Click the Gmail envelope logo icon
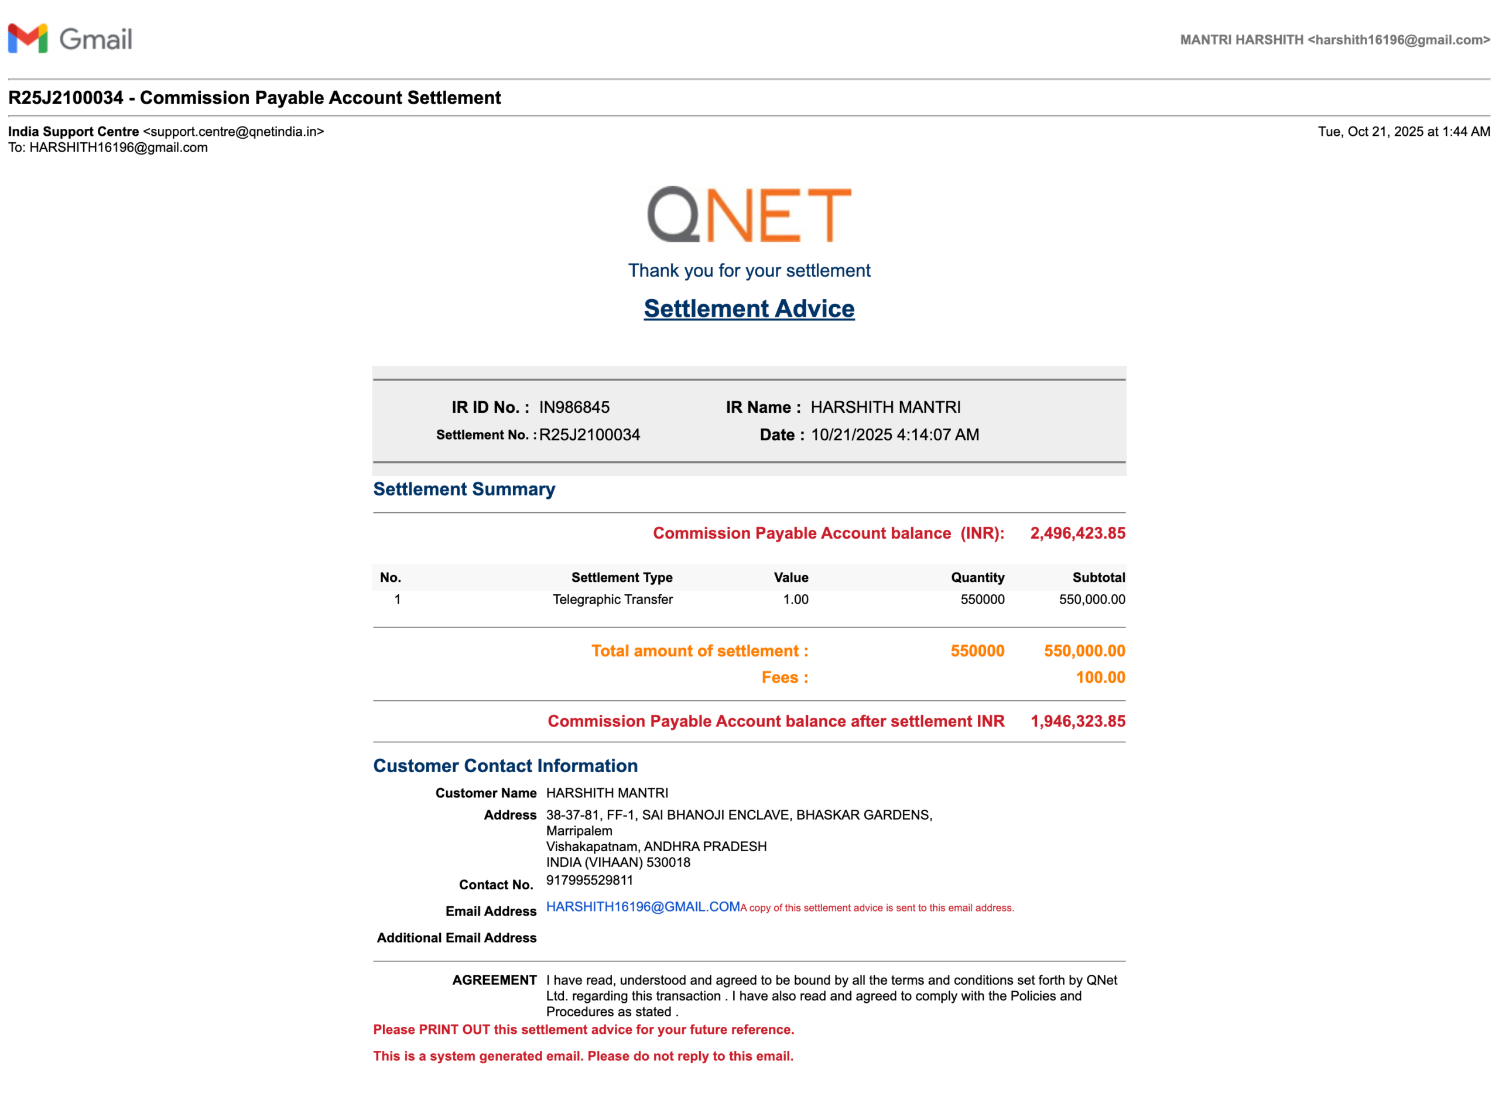pyautogui.click(x=28, y=39)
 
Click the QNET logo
pyautogui.click(x=748, y=214)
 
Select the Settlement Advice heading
pyautogui.click(x=748, y=309)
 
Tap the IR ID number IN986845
pyautogui.click(x=574, y=407)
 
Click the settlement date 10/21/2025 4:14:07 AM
pyautogui.click(x=894, y=435)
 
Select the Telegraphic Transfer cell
pyautogui.click(x=612, y=599)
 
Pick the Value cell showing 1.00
pyautogui.click(x=796, y=599)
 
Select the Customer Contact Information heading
pyautogui.click(x=505, y=766)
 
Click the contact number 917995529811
pyautogui.click(x=589, y=880)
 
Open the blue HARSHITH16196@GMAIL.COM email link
pyautogui.click(x=642, y=907)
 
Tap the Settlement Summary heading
pyautogui.click(x=464, y=489)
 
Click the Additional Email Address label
pyautogui.click(x=456, y=938)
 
